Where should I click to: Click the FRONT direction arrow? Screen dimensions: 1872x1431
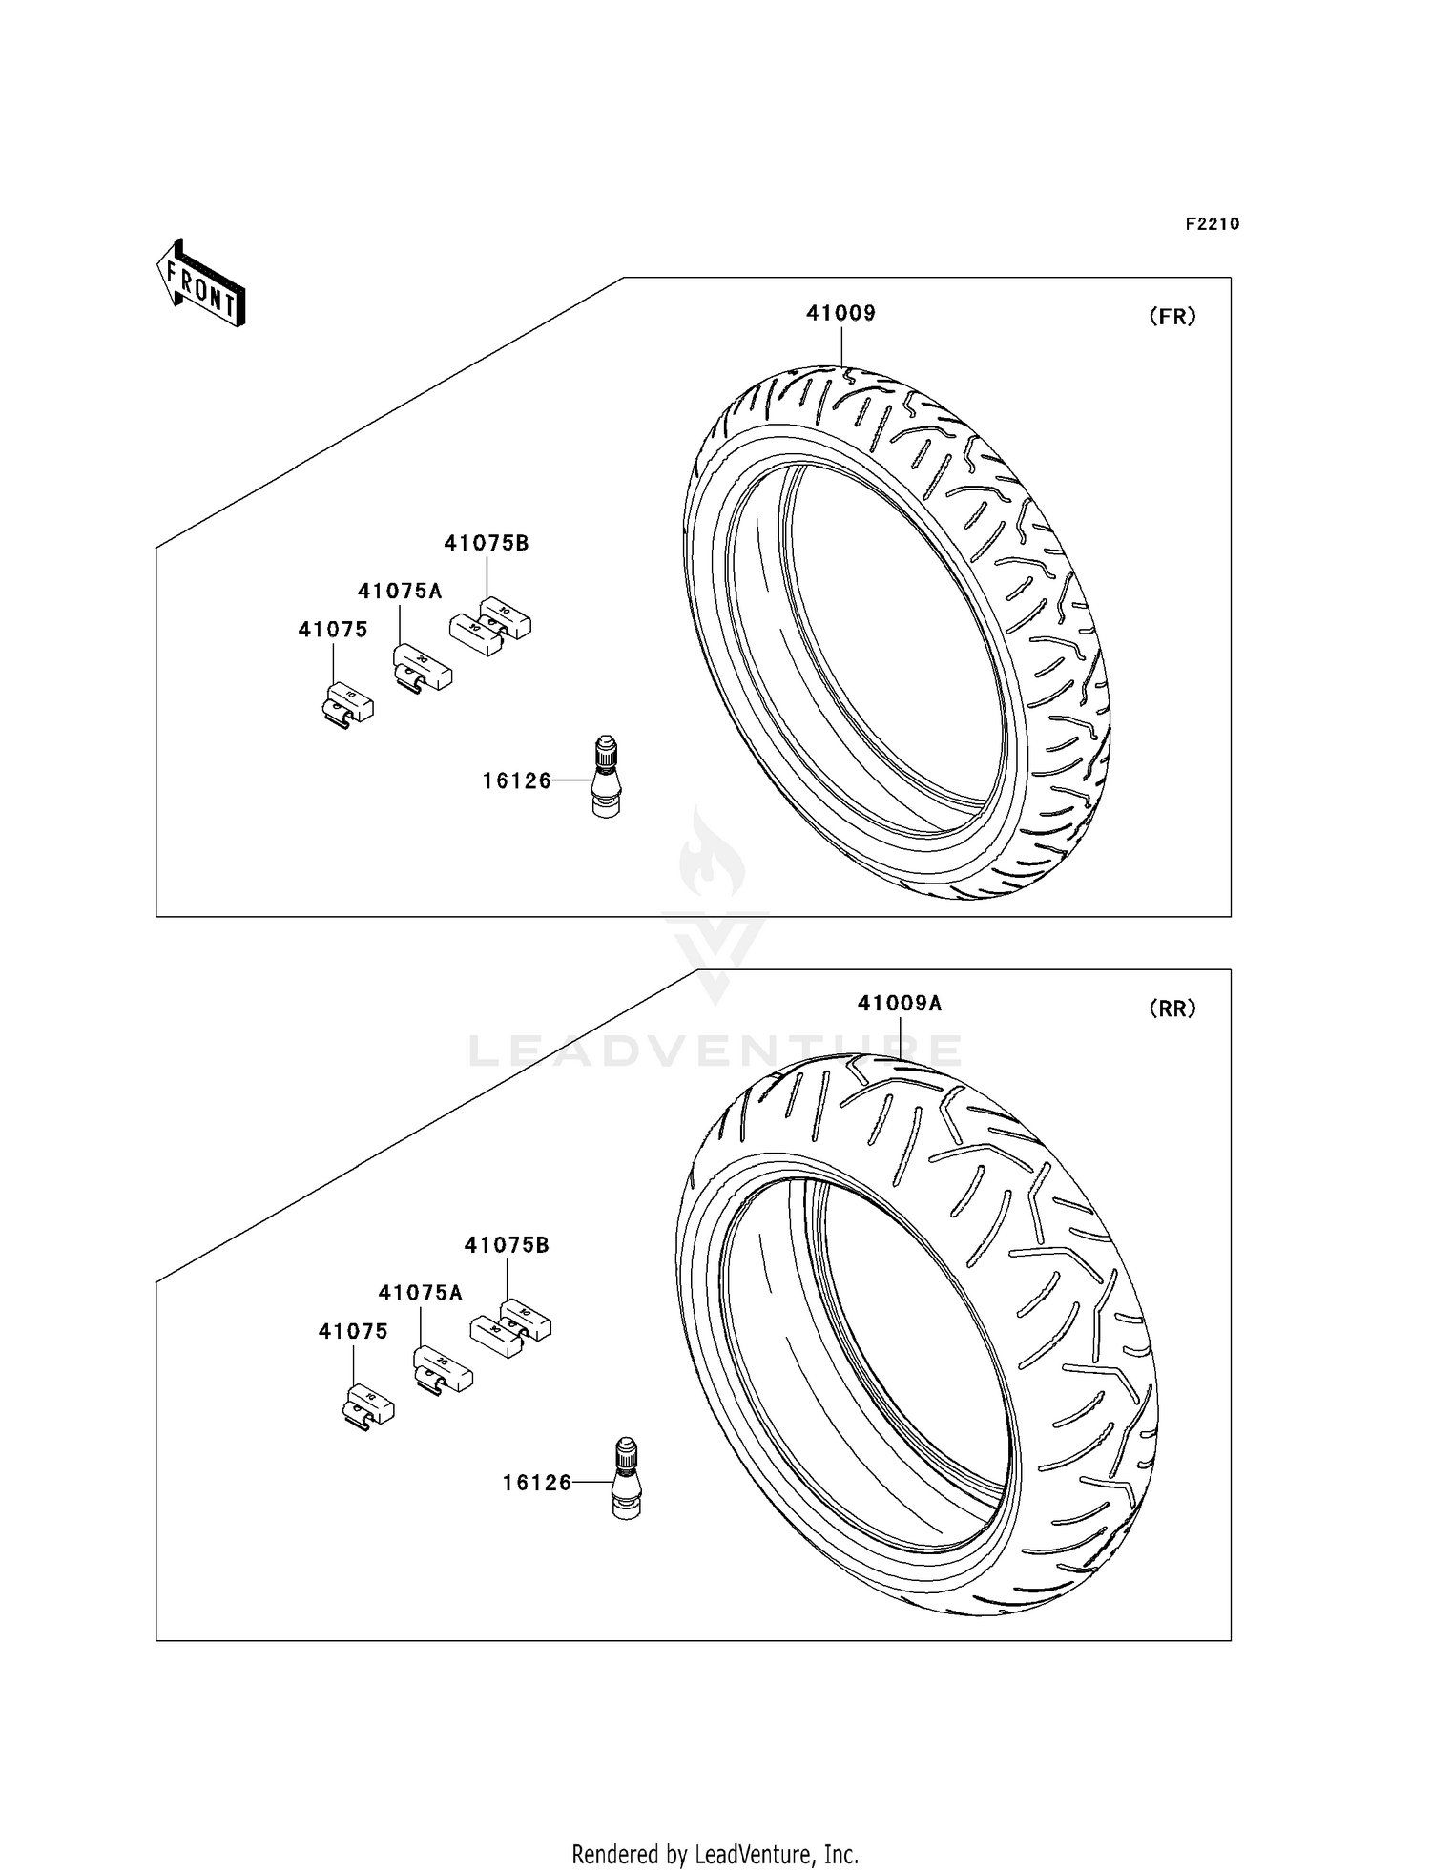201,285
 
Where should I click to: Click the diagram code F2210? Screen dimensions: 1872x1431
1212,224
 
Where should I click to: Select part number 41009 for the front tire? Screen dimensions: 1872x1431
840,313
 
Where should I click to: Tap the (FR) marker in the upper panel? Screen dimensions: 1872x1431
1172,317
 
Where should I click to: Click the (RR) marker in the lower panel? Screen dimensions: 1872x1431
1172,1009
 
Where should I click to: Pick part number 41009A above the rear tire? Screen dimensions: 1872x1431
899,1003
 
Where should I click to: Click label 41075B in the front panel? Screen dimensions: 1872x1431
486,543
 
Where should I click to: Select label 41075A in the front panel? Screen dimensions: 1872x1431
400,591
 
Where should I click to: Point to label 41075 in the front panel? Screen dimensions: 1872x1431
332,630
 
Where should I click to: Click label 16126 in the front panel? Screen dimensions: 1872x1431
516,780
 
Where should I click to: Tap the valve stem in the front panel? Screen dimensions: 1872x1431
605,776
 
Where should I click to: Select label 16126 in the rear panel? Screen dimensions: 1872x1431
536,1482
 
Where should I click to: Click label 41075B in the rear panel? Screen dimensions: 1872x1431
506,1245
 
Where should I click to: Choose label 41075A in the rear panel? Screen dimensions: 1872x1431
420,1293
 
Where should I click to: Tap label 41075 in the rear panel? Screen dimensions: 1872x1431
353,1331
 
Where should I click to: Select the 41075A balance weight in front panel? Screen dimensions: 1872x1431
422,667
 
